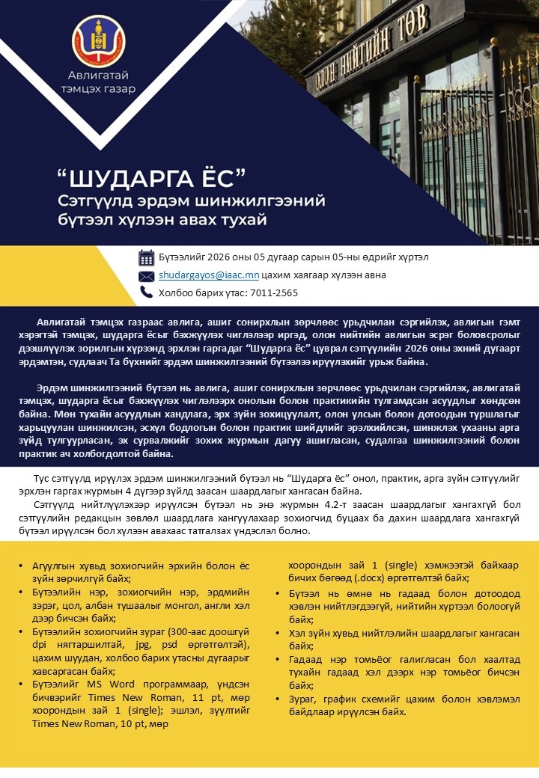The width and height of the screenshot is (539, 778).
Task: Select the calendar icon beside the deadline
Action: click(x=146, y=257)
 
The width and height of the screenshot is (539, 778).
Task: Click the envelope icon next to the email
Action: click(x=146, y=275)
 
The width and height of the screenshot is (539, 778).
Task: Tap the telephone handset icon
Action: click(x=146, y=292)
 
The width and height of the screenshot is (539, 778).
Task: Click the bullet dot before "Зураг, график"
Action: click(x=281, y=699)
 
